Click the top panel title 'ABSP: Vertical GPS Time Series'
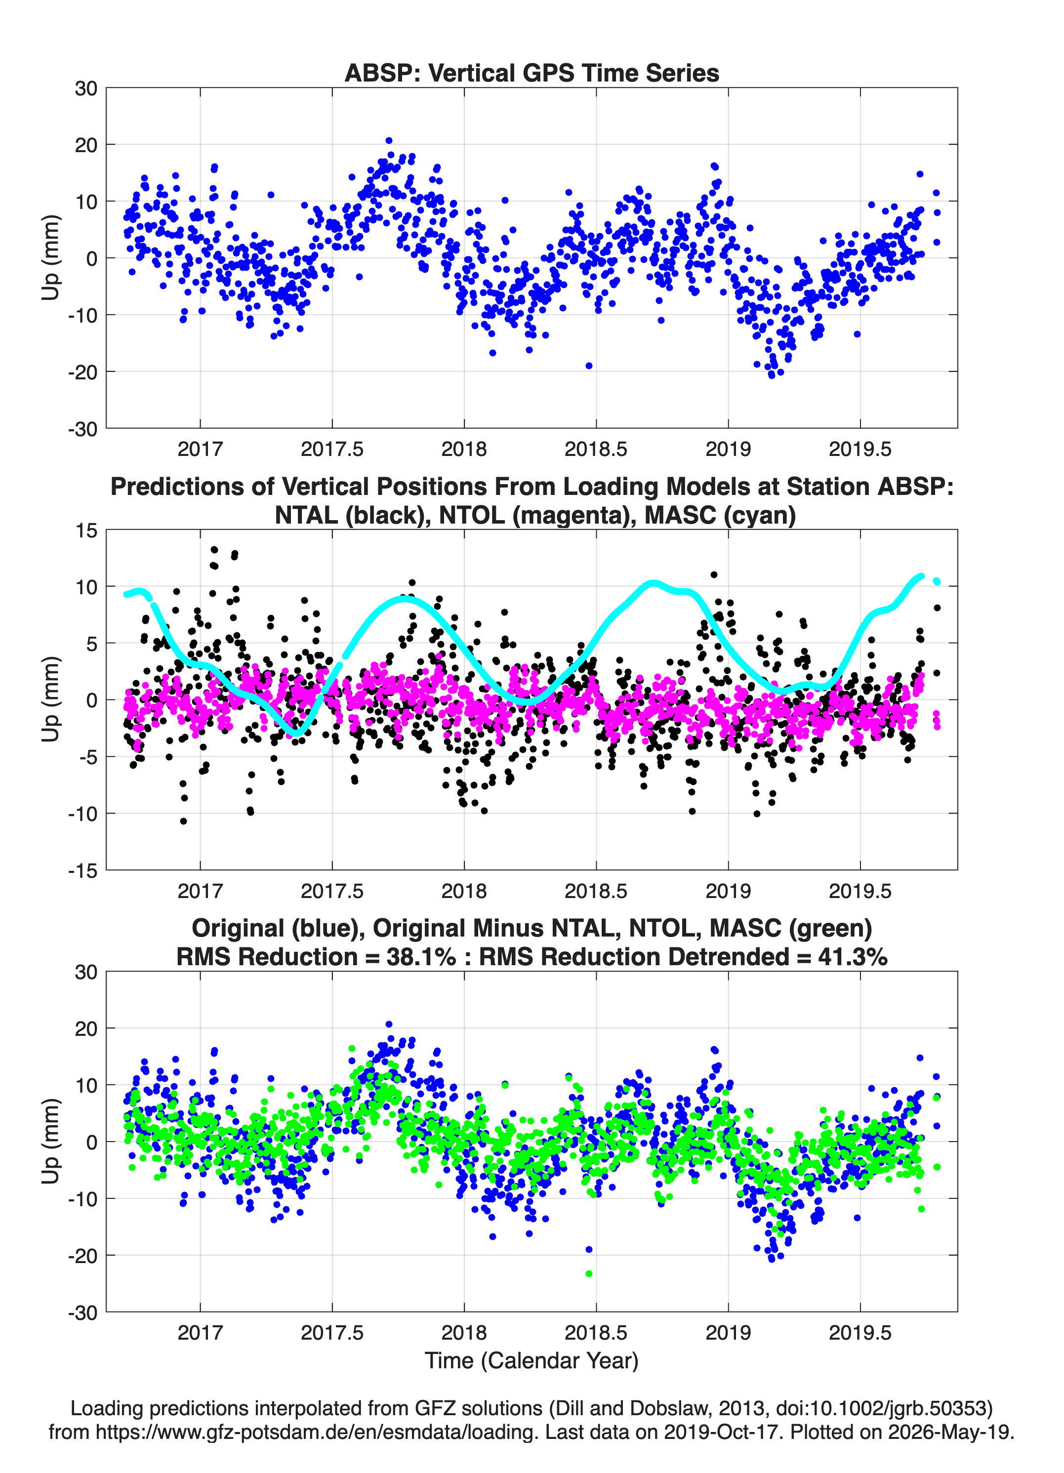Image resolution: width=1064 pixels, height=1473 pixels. tap(532, 73)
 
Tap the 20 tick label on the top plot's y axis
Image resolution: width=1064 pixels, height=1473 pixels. tap(86, 145)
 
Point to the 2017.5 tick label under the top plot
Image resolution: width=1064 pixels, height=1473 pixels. tap(332, 449)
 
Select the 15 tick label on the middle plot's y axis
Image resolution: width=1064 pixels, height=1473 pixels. tap(86, 531)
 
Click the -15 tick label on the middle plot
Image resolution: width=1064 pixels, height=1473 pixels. tap(82, 871)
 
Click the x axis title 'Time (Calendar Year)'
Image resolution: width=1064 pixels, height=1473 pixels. tap(532, 1360)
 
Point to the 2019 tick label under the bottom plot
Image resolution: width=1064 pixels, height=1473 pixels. tap(728, 1333)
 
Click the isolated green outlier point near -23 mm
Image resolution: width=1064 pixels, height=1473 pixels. tap(589, 1273)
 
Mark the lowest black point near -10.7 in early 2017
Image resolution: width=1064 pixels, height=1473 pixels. tap(183, 821)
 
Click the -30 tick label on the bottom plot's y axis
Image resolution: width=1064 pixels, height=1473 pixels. tap(82, 1312)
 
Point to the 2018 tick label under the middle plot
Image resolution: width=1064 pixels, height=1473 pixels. tap(464, 891)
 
